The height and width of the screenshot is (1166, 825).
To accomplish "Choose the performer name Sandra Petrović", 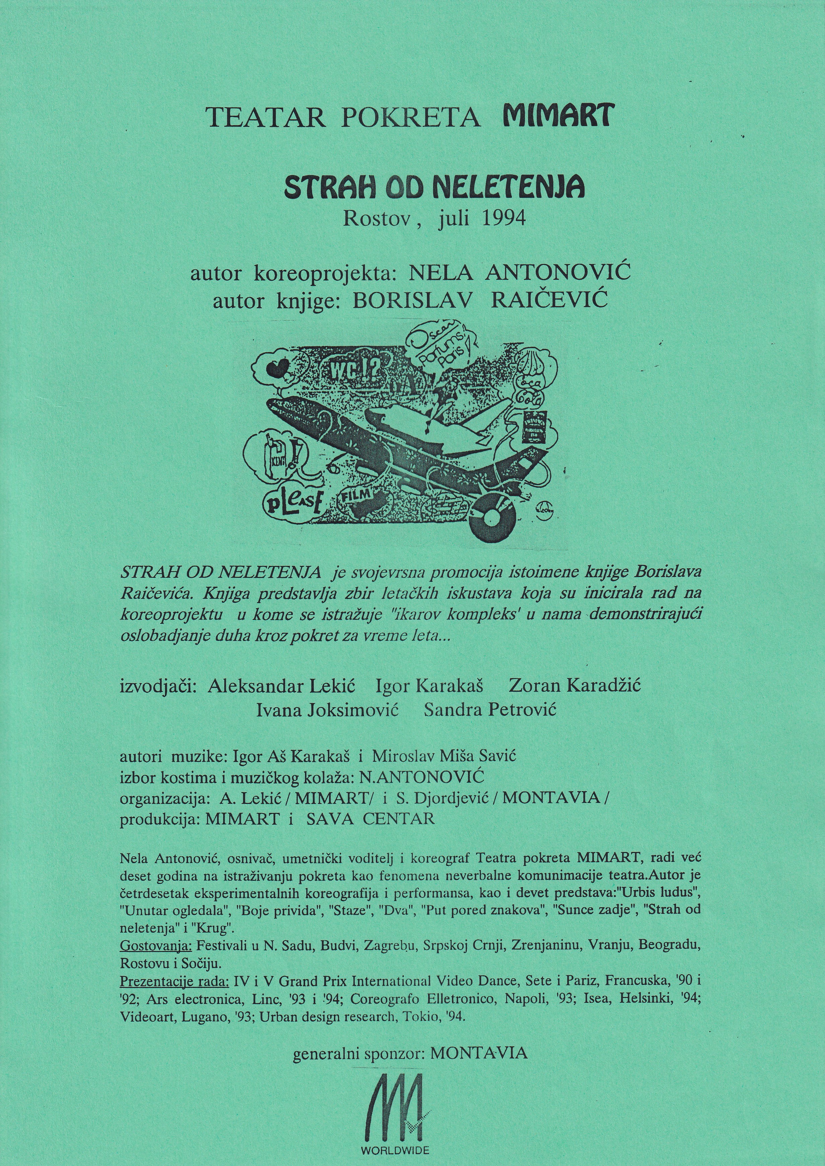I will (490, 710).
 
